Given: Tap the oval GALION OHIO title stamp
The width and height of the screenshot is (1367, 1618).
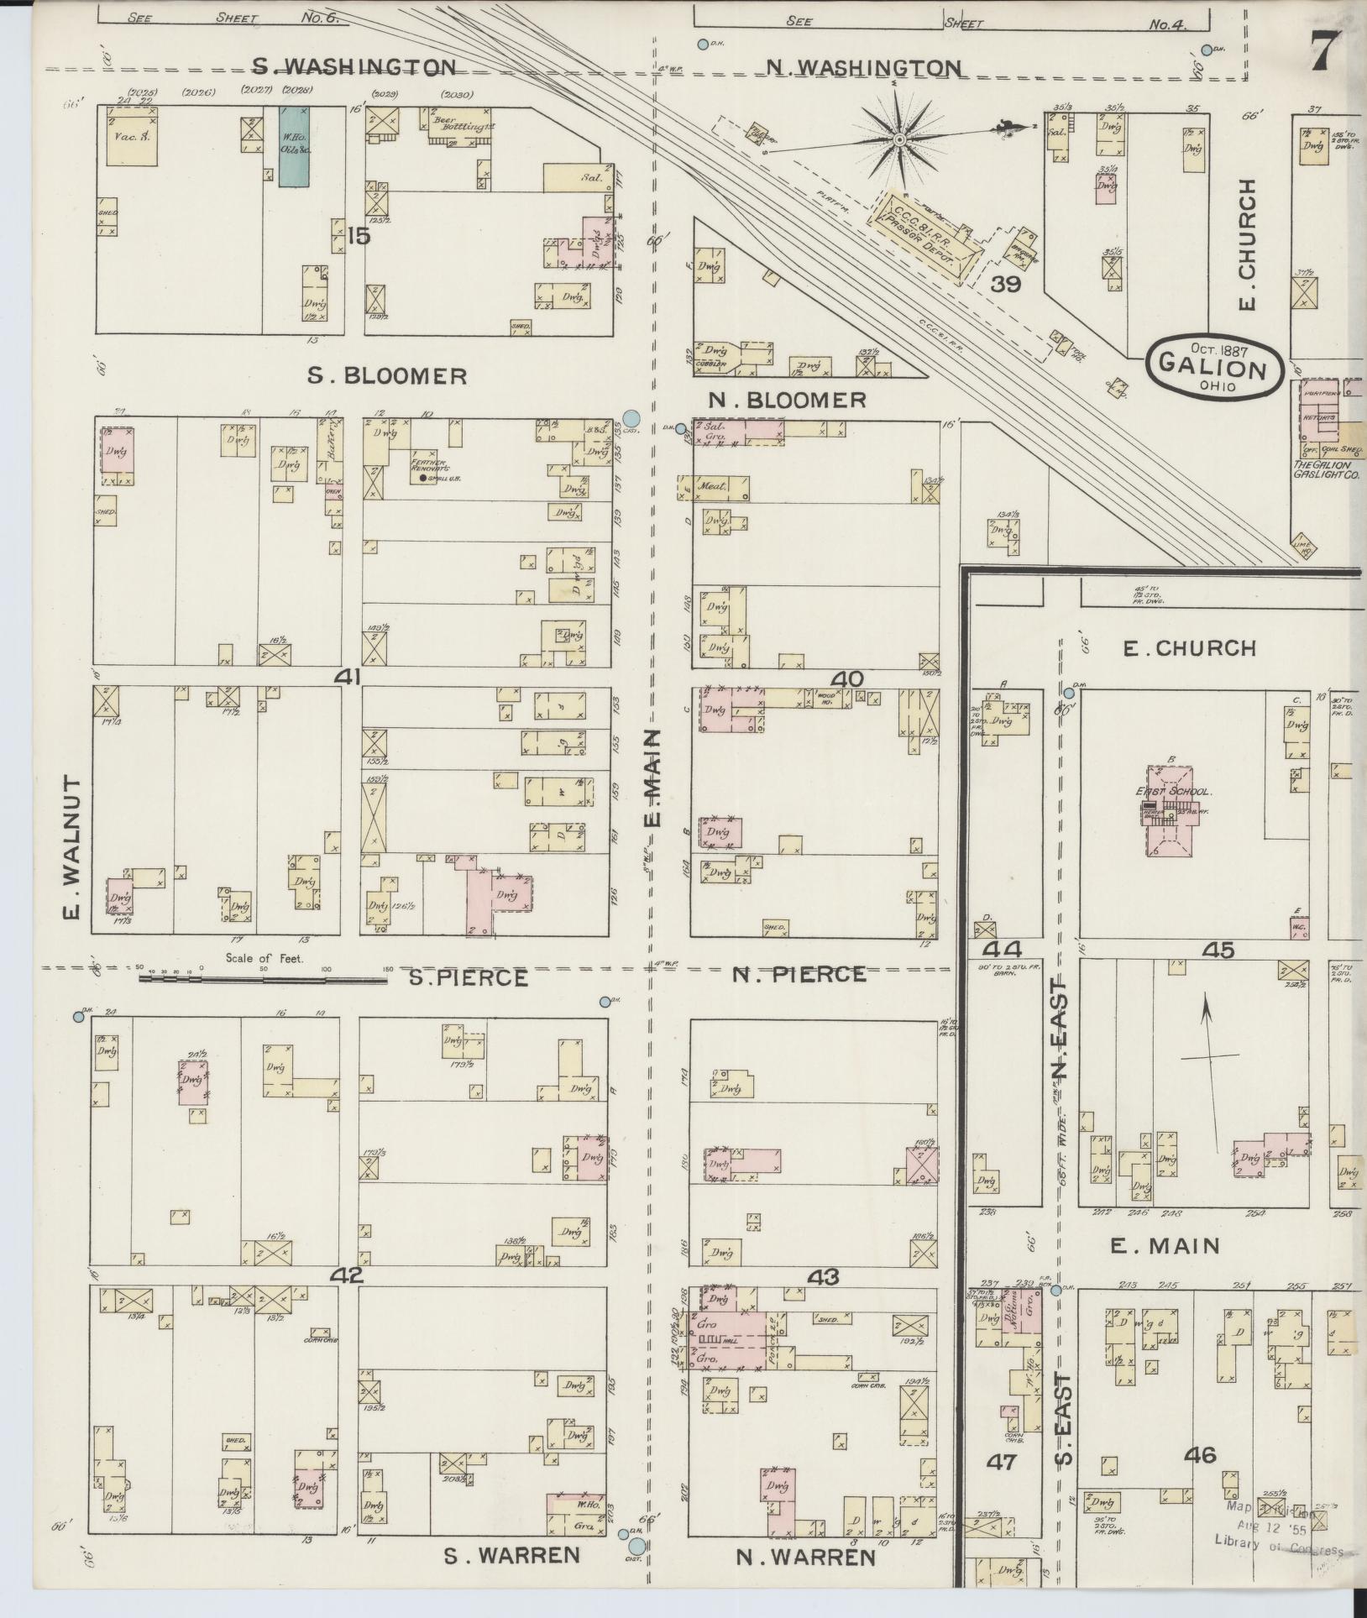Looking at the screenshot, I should [x=1214, y=365].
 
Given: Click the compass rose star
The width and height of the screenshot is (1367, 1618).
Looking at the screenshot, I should [x=899, y=139].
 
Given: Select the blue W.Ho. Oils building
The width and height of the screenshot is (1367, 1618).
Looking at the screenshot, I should [x=293, y=146].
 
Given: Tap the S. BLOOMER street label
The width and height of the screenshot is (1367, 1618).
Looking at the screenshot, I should [x=386, y=375].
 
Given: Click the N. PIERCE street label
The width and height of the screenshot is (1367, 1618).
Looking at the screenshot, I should [x=798, y=974].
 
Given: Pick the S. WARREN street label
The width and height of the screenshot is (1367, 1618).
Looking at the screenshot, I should [x=511, y=1555].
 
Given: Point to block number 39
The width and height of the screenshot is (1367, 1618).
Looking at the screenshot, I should [x=1004, y=285].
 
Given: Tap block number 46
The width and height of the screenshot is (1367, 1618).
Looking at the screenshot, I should [x=1199, y=1454].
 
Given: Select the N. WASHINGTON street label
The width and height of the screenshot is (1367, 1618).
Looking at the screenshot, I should [x=864, y=67].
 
